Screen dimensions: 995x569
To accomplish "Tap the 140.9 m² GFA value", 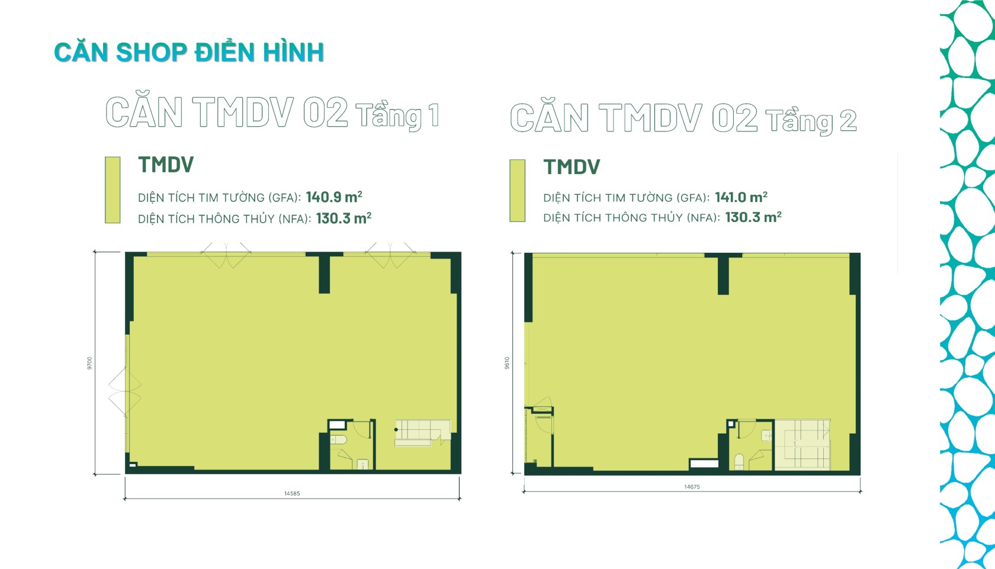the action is click(334, 197).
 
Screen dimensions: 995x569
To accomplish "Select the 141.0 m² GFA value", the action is click(741, 197).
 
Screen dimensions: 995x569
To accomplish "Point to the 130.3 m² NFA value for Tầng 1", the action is click(344, 218).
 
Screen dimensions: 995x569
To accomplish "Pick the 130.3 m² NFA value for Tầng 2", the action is click(753, 217).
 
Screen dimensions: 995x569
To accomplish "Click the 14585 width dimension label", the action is click(292, 493).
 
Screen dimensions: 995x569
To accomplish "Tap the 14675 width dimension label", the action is click(692, 487).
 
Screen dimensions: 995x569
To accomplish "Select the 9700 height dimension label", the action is click(90, 364).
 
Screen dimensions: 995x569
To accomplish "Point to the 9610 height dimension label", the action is click(507, 363).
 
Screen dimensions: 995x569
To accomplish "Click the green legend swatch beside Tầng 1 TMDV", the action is click(113, 189).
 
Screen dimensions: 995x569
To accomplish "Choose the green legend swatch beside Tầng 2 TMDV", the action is click(517, 191).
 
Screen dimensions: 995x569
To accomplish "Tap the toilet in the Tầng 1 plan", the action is click(339, 440).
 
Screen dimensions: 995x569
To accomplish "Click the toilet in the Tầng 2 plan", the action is click(739, 461).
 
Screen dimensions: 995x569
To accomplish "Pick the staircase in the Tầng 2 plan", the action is click(802, 444).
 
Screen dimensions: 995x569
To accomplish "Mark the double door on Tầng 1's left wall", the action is click(125, 391).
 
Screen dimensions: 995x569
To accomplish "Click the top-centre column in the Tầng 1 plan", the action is click(325, 273).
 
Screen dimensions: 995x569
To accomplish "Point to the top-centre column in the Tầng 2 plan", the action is click(723, 274).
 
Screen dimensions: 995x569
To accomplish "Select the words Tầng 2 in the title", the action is click(811, 121).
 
